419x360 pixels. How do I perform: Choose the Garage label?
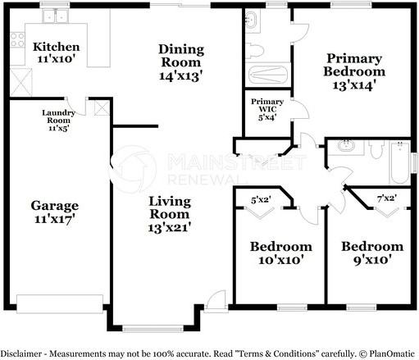tap(55, 205)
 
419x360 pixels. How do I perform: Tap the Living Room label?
tap(171, 201)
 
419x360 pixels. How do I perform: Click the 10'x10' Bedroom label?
tap(281, 246)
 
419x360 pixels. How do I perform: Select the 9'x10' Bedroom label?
tap(372, 246)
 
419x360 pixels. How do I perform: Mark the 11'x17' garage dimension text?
tap(55, 220)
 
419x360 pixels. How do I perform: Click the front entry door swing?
tap(215, 300)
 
